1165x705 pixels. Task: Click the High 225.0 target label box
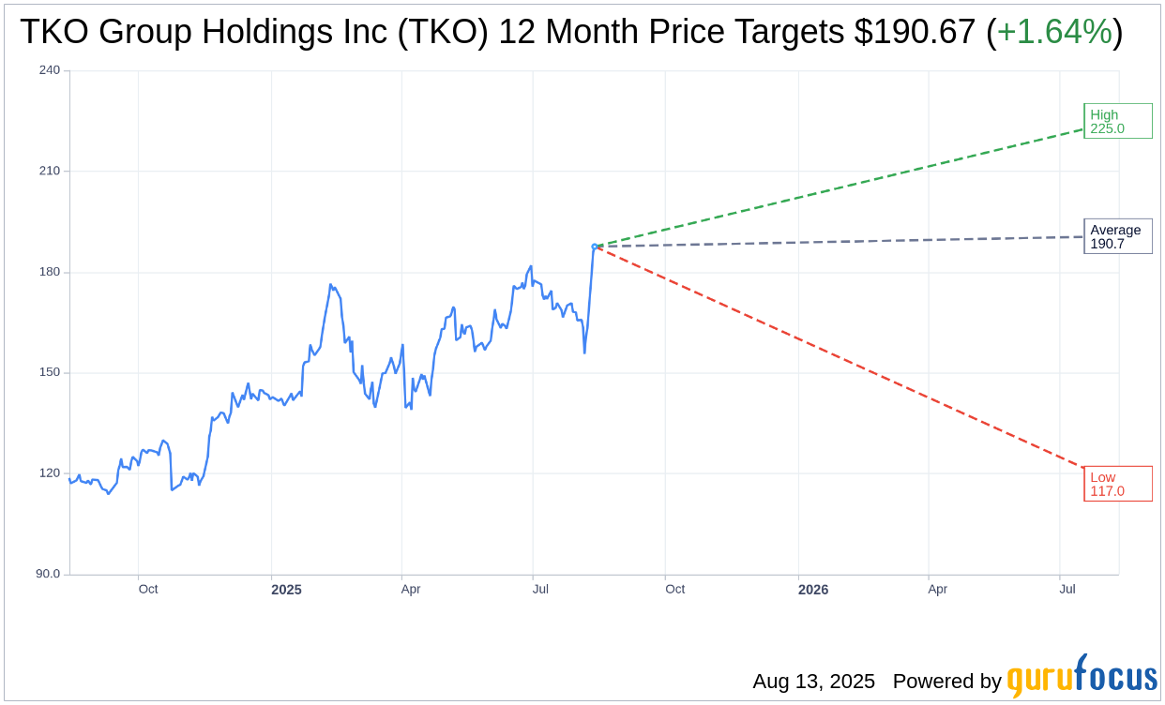1117,121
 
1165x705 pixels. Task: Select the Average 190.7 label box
1117,236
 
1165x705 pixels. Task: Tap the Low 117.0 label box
1117,484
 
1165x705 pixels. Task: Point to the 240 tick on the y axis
50,70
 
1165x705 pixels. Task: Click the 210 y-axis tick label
50,171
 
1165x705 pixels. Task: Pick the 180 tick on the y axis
50,272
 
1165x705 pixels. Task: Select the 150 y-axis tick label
50,372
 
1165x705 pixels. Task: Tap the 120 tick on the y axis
50,473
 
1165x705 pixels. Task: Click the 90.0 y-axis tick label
48,574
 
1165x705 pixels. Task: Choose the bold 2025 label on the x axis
286,590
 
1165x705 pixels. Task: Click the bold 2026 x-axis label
813,590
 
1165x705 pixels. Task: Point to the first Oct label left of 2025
148,590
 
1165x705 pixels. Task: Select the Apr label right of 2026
937,590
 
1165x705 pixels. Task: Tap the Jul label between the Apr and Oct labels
540,590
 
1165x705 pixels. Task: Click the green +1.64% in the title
1054,33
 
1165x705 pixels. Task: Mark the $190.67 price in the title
915,33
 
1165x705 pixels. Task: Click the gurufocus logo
1082,677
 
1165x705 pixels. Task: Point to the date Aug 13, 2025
813,682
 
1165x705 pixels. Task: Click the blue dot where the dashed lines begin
595,247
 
